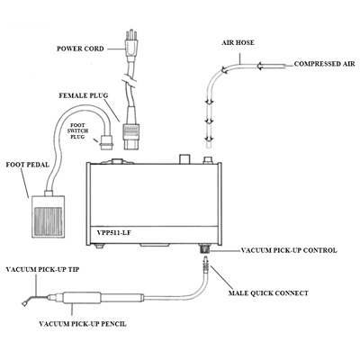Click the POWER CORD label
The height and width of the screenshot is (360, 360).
coord(80,49)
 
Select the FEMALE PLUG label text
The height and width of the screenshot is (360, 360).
coord(84,95)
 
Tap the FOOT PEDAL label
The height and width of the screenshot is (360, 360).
coord(28,165)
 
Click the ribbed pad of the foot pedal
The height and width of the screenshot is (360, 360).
coord(48,221)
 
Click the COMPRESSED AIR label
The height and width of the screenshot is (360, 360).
coord(325,64)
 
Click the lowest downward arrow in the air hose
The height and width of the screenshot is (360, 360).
coord(209,139)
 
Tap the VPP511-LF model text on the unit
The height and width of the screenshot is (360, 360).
coord(109,232)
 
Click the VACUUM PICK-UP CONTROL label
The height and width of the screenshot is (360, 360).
coord(289,250)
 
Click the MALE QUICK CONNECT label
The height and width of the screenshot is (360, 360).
coord(268,292)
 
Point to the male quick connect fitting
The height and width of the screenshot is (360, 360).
coord(205,265)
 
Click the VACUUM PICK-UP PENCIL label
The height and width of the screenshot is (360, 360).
coord(83,324)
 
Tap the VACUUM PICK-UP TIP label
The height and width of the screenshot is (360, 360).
coord(42,269)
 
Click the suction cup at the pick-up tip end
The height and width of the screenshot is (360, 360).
coord(24,303)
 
